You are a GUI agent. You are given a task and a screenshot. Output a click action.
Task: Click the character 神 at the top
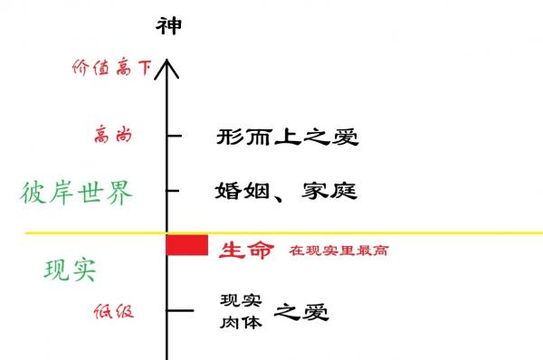point(168,24)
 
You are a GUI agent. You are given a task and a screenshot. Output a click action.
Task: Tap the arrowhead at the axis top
point(167,65)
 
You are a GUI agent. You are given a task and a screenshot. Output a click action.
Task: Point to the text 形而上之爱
point(288,137)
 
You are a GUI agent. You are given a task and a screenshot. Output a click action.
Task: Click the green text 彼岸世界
point(77,192)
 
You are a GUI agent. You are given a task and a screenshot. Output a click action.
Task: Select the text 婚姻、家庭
point(286,191)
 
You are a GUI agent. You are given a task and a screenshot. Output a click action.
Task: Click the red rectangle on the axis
point(187,244)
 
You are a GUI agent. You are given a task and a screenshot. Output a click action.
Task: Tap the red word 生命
point(245,251)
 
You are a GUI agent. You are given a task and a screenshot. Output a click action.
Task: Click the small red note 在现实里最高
point(338,251)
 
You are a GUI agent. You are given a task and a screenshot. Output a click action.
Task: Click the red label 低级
point(114,311)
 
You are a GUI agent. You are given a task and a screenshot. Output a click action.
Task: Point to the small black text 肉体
point(241,321)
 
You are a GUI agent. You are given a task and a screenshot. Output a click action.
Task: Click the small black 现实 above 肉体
point(241,301)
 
